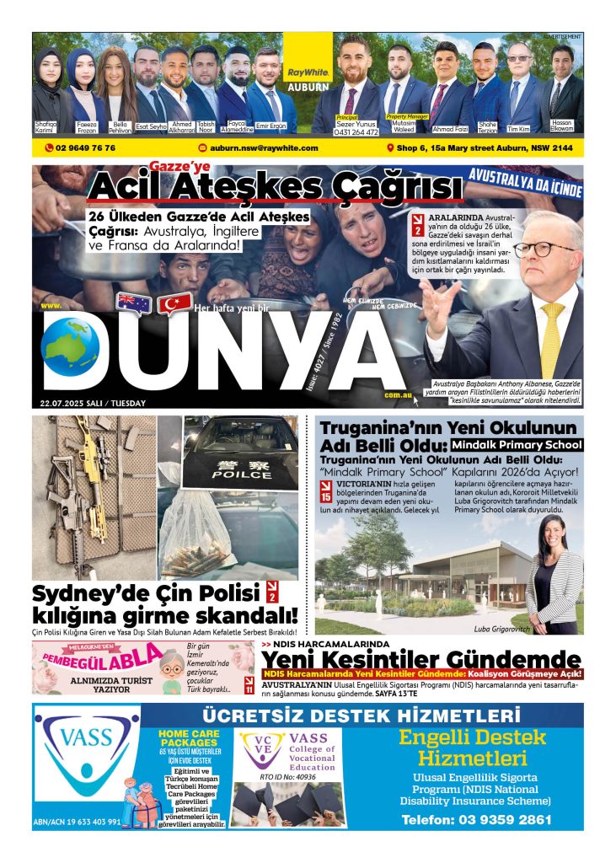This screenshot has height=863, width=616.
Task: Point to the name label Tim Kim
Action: tap(519, 129)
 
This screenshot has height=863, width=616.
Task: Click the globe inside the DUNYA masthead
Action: tap(70, 346)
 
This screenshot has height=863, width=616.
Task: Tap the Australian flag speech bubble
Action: tap(133, 301)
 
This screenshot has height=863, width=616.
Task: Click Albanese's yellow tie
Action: tap(553, 337)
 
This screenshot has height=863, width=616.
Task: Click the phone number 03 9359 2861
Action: tap(477, 818)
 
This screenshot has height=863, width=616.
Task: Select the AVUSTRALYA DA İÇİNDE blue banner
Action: tap(526, 184)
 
